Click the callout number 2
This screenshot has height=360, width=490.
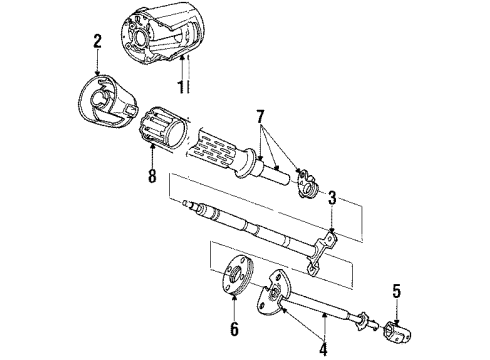tap(98, 42)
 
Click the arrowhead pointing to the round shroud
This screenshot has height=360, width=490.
tap(96, 75)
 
